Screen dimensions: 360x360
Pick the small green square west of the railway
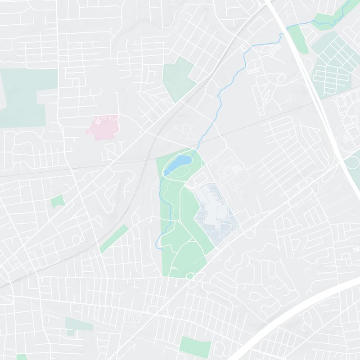click(x=57, y=201)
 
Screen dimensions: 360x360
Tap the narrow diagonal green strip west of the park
click(x=114, y=238)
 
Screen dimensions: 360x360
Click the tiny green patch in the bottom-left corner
click(x=21, y=357)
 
